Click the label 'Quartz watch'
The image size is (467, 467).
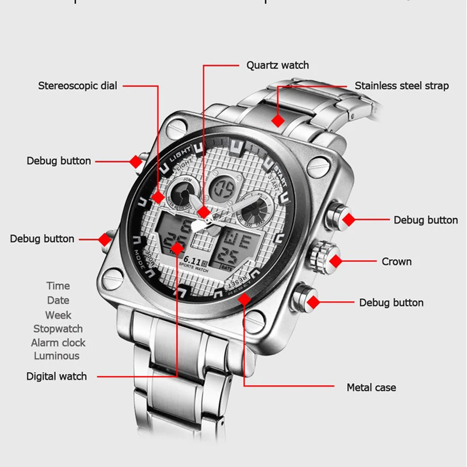pos(277,65)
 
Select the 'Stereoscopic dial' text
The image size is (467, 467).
pos(78,86)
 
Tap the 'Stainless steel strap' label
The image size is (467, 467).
pos(402,86)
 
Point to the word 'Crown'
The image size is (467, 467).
pos(396,262)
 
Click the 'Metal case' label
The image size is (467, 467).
pos(371,387)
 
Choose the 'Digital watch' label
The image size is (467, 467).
pos(57,377)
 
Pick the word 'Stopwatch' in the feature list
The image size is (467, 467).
pos(58,329)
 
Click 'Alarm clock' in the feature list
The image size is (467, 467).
pos(58,343)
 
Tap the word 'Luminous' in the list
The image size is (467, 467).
pos(57,356)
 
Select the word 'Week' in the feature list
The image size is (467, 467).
pos(58,315)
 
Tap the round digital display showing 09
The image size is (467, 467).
pos(224,189)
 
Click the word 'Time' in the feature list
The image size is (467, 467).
pos(58,286)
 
